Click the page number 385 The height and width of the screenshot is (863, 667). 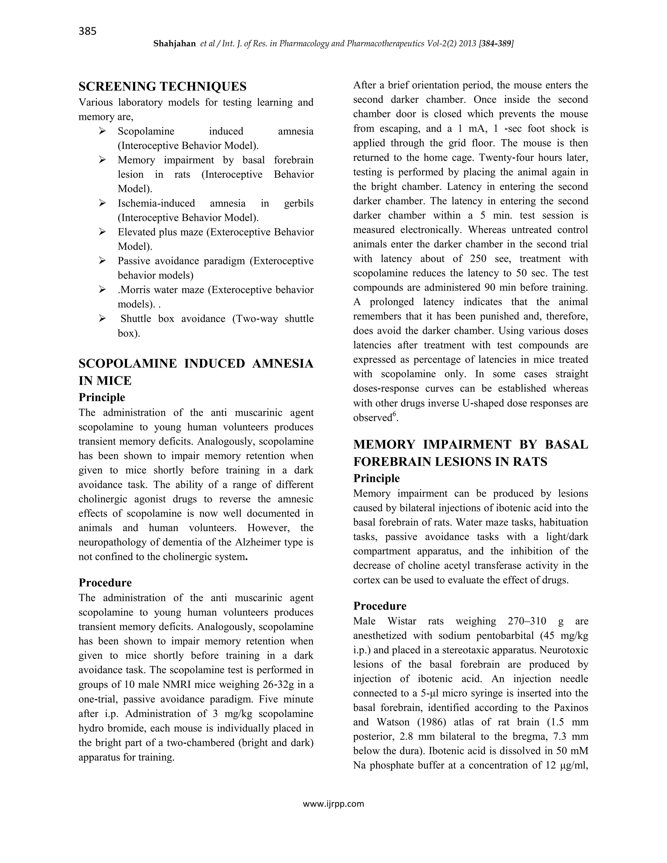(87, 31)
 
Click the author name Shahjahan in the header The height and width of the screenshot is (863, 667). (174, 44)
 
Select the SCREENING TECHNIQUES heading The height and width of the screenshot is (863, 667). (163, 86)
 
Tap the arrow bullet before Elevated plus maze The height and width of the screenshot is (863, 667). (102, 232)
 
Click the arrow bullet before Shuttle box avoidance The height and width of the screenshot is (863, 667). (102, 318)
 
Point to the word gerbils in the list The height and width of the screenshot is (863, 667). (299, 203)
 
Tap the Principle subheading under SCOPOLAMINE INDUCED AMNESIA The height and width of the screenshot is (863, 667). (102, 397)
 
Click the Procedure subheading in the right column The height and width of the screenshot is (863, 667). (379, 606)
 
